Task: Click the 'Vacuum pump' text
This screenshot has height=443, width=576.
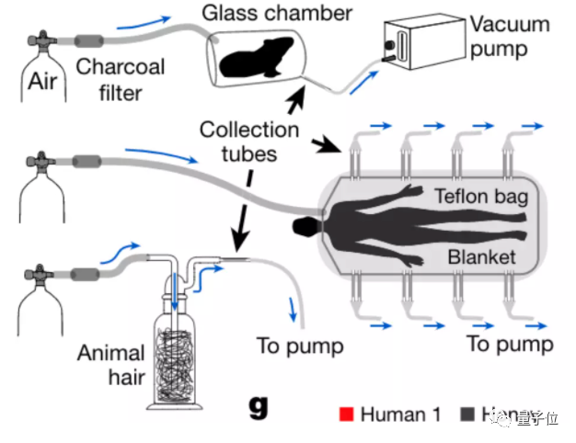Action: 509,36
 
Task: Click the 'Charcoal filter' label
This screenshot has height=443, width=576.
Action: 121,78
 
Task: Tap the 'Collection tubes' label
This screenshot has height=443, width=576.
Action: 249,141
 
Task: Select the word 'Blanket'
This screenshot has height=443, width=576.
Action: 481,257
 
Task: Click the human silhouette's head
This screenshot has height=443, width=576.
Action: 303,227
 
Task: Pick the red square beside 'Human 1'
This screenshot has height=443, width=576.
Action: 346,414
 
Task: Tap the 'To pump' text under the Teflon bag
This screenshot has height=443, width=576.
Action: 510,345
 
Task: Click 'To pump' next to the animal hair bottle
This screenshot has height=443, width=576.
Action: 300,346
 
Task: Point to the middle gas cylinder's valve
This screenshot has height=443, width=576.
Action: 40,168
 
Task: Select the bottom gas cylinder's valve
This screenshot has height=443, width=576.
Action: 40,272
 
